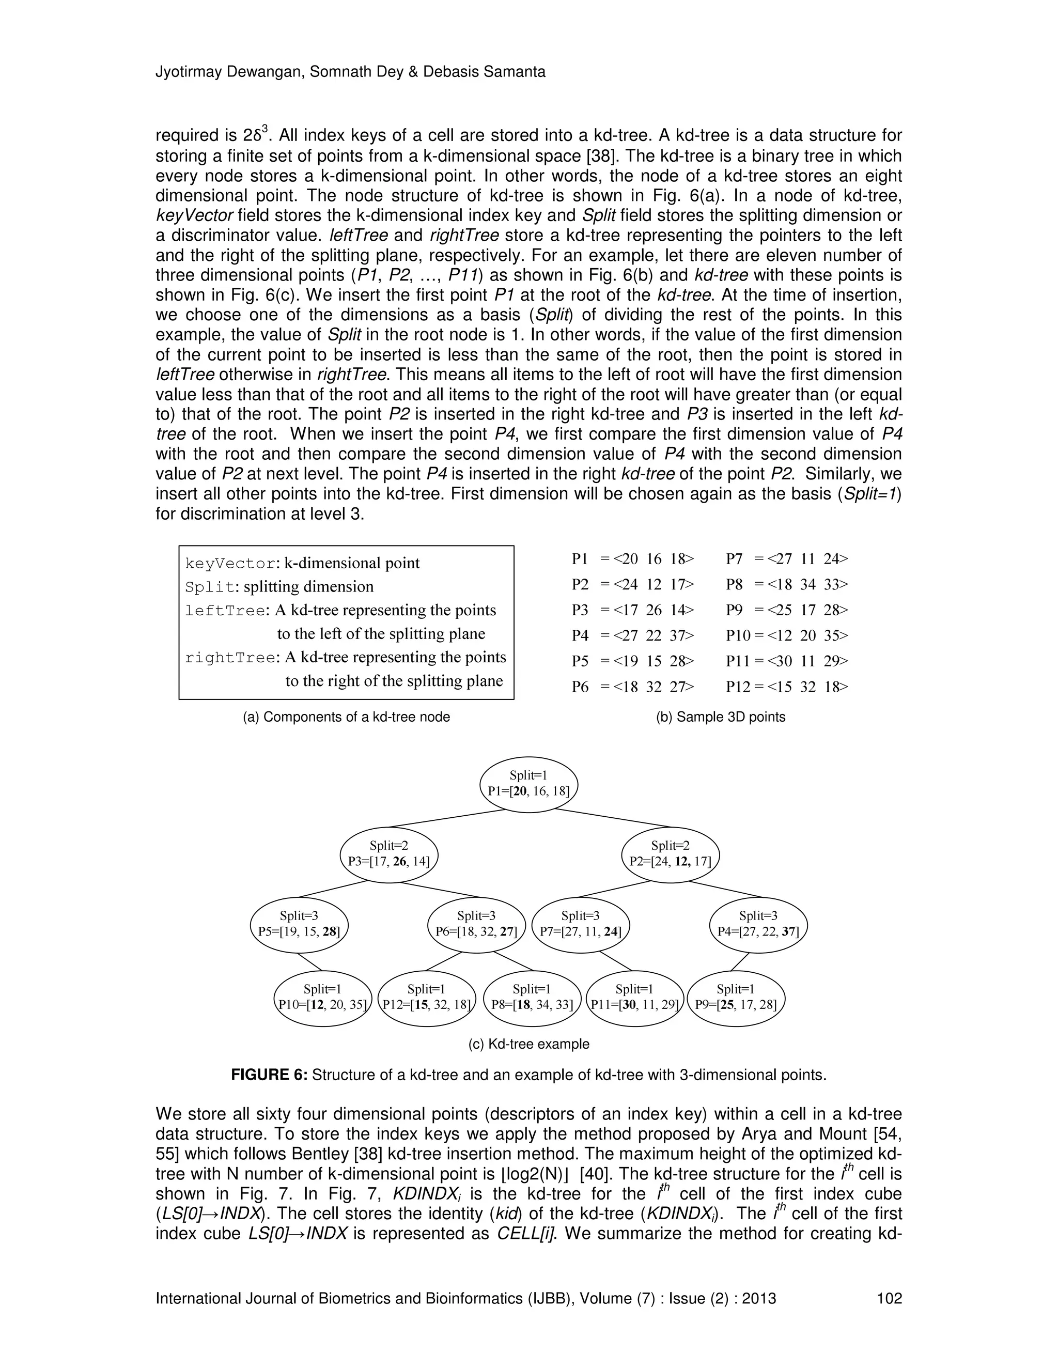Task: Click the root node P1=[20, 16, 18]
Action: pos(528,784)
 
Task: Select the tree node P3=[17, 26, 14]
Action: pos(388,854)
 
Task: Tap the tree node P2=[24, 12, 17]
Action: pos(670,854)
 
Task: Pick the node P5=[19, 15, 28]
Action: pos(299,925)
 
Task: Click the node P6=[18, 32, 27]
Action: pos(476,925)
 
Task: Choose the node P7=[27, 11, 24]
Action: pos(580,925)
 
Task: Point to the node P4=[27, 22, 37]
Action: pos(758,925)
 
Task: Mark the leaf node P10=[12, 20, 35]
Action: pos(323,998)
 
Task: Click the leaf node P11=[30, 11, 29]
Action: pos(634,998)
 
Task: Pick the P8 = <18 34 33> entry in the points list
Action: pos(787,584)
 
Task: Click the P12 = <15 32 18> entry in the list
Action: pos(787,687)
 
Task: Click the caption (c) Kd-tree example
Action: pos(528,1044)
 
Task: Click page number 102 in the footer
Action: pos(889,1298)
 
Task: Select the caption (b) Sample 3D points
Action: pos(720,717)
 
